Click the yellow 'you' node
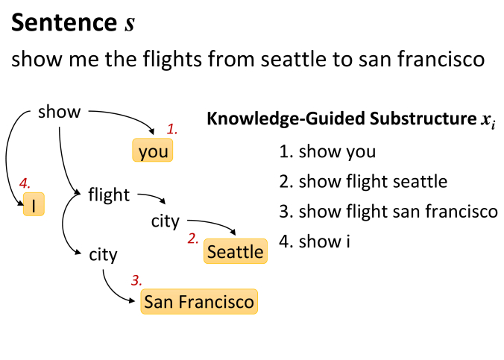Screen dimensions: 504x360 pyautogui.click(x=153, y=150)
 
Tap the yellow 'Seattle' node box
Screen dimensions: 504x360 pyautogui.click(x=236, y=251)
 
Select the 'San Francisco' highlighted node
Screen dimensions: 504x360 pyautogui.click(x=199, y=302)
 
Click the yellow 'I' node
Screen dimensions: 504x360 pyautogui.click(x=34, y=204)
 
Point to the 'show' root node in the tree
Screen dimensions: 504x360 pyautogui.click(x=59, y=112)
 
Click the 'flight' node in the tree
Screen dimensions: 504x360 pyautogui.click(x=109, y=195)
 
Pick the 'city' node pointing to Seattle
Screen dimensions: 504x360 pyautogui.click(x=166, y=221)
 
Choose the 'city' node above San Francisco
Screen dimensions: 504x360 pyautogui.click(x=103, y=255)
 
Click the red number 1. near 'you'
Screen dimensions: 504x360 pyautogui.click(x=172, y=129)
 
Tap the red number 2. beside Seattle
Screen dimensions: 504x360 pyautogui.click(x=193, y=239)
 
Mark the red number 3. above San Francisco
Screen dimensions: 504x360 pyautogui.click(x=136, y=280)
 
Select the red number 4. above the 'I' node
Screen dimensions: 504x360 pyautogui.click(x=25, y=183)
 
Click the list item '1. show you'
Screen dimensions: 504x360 pyautogui.click(x=327, y=151)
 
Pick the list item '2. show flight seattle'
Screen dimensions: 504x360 pyautogui.click(x=363, y=181)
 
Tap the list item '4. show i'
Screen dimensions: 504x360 pyautogui.click(x=315, y=241)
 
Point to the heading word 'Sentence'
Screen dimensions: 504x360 pyautogui.click(x=64, y=22)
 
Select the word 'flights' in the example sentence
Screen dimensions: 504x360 pyautogui.click(x=172, y=59)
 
